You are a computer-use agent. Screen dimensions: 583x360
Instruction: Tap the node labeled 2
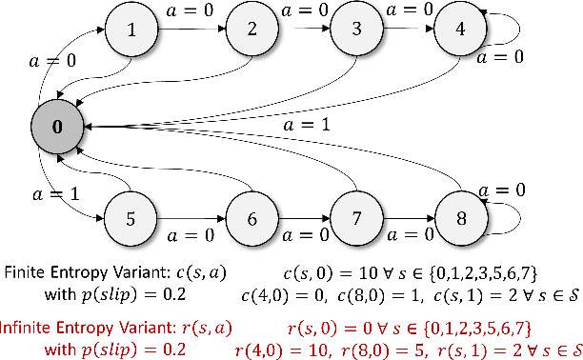click(251, 30)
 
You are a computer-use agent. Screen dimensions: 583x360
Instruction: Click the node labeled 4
click(460, 30)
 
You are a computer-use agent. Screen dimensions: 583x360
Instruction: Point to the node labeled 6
click(250, 218)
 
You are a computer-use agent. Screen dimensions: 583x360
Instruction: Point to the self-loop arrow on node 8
click(509, 218)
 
